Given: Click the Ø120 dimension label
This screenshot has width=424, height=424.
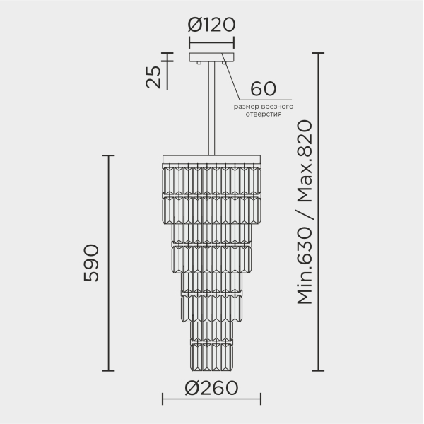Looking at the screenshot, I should point(211,27).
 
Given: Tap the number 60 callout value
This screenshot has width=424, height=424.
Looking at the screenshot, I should point(262,90).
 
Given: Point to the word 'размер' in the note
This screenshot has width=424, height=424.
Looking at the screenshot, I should point(248,106).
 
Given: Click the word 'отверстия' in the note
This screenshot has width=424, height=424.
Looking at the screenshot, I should point(264,114).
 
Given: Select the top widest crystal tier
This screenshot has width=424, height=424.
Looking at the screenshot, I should point(211,180).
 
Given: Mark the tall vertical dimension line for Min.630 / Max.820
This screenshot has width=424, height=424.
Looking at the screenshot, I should point(320,212).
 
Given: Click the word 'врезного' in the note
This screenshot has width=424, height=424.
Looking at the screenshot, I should point(279,106).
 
